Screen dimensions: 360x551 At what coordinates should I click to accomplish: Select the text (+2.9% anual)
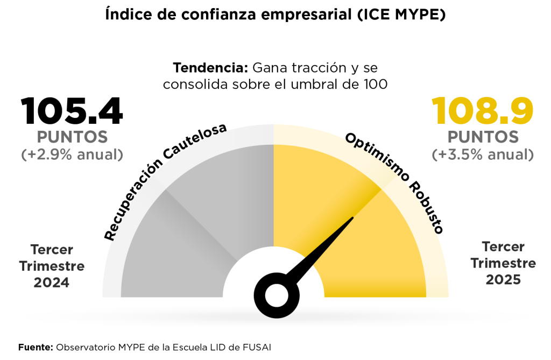(72, 155)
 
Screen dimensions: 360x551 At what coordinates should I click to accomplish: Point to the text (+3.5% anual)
(483, 155)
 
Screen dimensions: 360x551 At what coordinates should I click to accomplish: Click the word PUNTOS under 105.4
(72, 137)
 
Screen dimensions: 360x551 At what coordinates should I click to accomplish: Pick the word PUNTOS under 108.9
(483, 137)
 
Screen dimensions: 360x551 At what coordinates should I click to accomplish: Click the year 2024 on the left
(52, 283)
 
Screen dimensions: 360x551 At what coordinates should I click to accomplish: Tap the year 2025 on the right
(503, 280)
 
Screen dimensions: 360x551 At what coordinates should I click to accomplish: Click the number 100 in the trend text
(376, 84)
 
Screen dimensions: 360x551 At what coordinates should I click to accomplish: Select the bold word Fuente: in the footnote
(36, 347)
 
